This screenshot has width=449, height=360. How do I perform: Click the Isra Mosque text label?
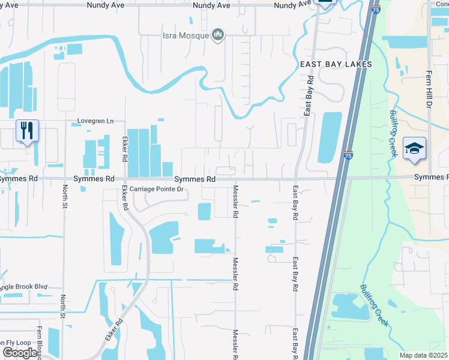[185, 35]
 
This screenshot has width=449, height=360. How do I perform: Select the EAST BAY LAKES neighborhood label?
[336, 64]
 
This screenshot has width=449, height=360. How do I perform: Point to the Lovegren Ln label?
[95, 121]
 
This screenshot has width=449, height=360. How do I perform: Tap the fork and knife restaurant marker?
[27, 130]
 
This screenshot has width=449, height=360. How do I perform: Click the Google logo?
[20, 353]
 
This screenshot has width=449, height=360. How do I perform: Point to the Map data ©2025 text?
[424, 355]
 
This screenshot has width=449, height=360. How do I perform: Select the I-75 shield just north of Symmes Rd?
[349, 155]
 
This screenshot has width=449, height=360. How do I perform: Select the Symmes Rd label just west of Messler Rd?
[195, 179]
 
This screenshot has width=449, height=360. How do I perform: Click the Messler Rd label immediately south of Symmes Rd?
[236, 201]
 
